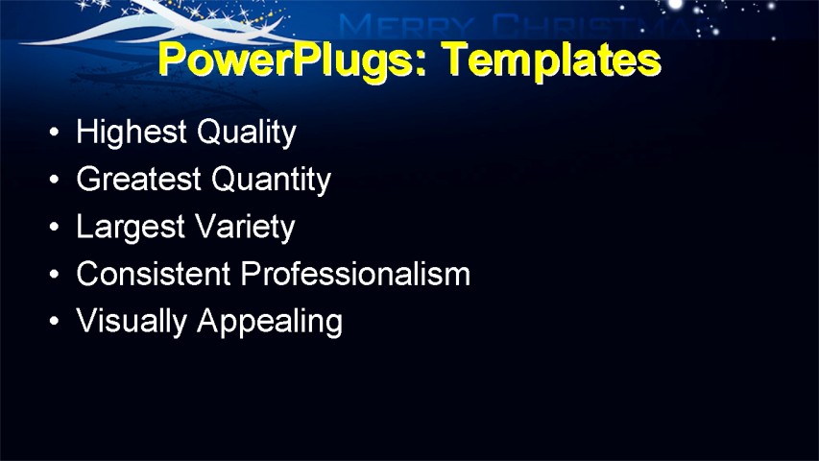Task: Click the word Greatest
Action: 139,179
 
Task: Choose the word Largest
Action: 130,227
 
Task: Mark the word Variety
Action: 244,227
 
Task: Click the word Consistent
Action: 154,274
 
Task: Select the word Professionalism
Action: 355,274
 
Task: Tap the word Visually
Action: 132,321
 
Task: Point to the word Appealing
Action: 269,321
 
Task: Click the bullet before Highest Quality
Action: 54,132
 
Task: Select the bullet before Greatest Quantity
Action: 54,180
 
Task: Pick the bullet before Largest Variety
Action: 54,227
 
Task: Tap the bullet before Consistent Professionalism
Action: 54,275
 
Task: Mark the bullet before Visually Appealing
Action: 54,322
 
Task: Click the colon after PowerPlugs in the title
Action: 435,63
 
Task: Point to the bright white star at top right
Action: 676,5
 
